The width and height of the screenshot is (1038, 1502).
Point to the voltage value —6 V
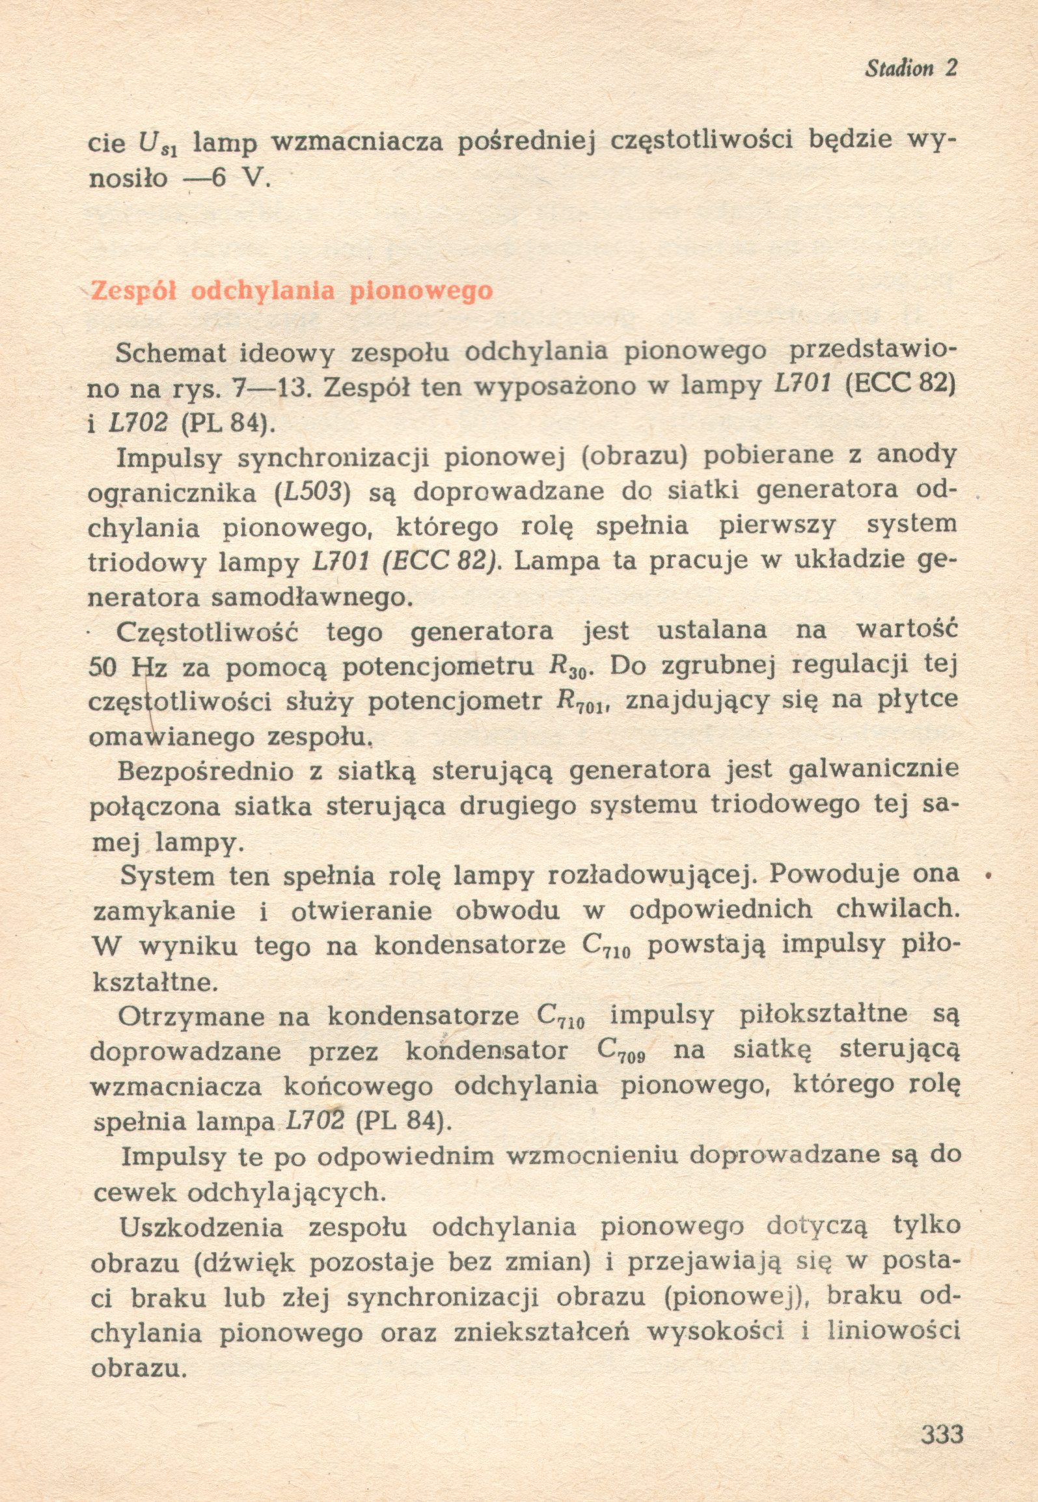(x=226, y=178)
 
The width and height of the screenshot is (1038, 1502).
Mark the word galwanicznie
(x=873, y=770)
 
